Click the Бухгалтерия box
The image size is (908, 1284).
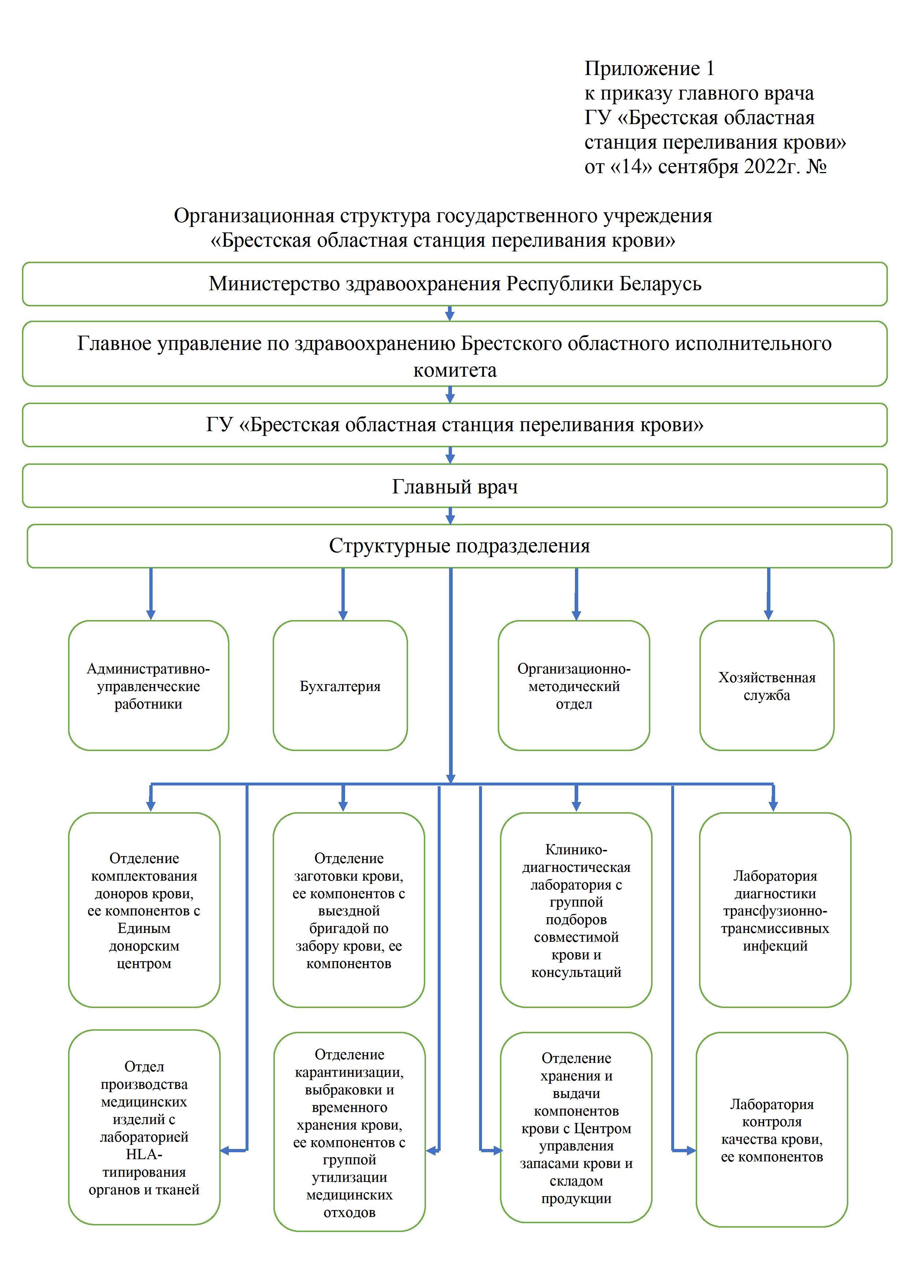[x=340, y=685]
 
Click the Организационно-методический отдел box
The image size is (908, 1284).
[x=573, y=685]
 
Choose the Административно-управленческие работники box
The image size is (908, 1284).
[x=148, y=685]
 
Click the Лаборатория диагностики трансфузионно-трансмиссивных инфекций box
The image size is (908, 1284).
[x=775, y=910]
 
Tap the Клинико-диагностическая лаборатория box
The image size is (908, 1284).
[x=576, y=910]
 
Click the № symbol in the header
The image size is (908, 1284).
[x=816, y=167]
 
